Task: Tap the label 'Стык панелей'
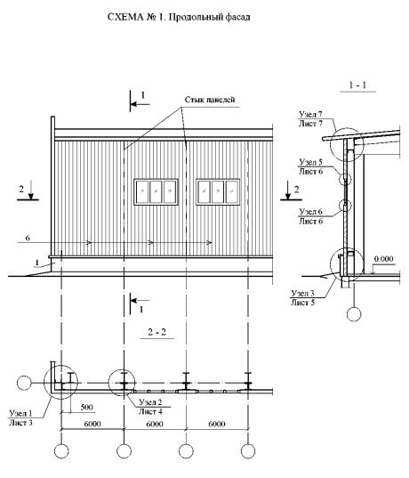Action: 210,100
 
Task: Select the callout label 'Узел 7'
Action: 310,114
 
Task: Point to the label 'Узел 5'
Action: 310,162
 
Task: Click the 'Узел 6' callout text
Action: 310,212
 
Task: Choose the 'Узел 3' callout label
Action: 302,293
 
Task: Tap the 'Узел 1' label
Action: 20,413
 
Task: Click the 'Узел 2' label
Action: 150,402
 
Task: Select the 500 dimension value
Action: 87,408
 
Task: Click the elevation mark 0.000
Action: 384,259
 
